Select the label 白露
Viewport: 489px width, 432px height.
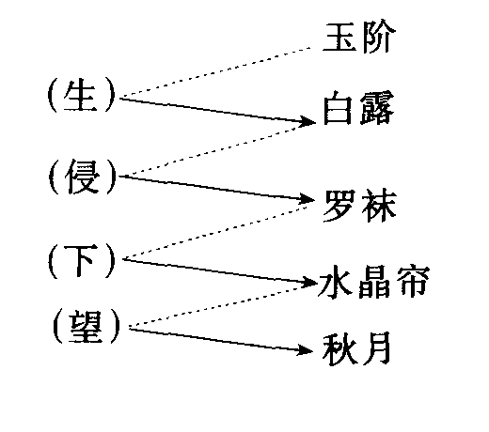click(x=358, y=108)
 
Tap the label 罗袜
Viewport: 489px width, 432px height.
click(x=360, y=206)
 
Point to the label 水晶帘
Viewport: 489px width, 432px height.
click(x=374, y=282)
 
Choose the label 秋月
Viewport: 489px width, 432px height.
click(x=356, y=348)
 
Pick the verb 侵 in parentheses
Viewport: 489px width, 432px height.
click(x=83, y=177)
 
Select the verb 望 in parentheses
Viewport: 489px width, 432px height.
click(x=87, y=327)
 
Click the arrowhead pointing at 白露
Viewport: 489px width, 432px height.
click(x=308, y=121)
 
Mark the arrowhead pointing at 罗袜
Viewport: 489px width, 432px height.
click(x=307, y=199)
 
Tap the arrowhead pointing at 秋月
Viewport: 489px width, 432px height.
click(x=305, y=350)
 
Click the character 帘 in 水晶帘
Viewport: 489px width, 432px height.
click(x=413, y=282)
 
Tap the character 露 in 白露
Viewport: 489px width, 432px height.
click(x=377, y=108)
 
